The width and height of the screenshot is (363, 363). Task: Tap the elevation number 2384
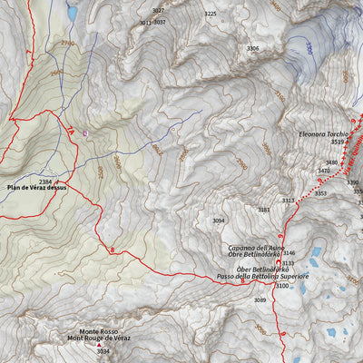pos(45,181)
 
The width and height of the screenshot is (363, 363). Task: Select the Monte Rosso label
pos(98,331)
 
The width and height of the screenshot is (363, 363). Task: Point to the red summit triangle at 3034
pos(99,345)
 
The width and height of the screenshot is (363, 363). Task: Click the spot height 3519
pos(338,142)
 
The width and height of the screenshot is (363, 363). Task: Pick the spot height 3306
pos(252,48)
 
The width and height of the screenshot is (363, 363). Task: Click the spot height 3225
pos(211,14)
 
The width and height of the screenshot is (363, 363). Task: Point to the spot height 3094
pos(218,221)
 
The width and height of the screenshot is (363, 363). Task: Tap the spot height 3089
pos(260,299)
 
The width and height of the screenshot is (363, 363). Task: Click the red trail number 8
pos(112,249)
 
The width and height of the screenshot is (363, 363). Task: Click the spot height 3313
pos(288,201)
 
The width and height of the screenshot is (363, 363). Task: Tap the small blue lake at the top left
pos(72,14)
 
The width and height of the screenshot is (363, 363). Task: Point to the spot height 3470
pos(323,171)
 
